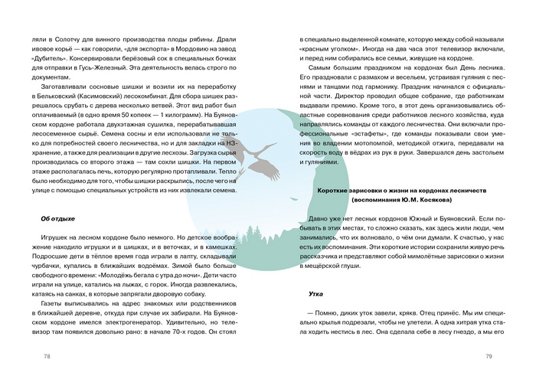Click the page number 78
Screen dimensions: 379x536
[47, 356]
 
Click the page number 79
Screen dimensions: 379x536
[489, 356]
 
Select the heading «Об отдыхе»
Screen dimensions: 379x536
[57, 219]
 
